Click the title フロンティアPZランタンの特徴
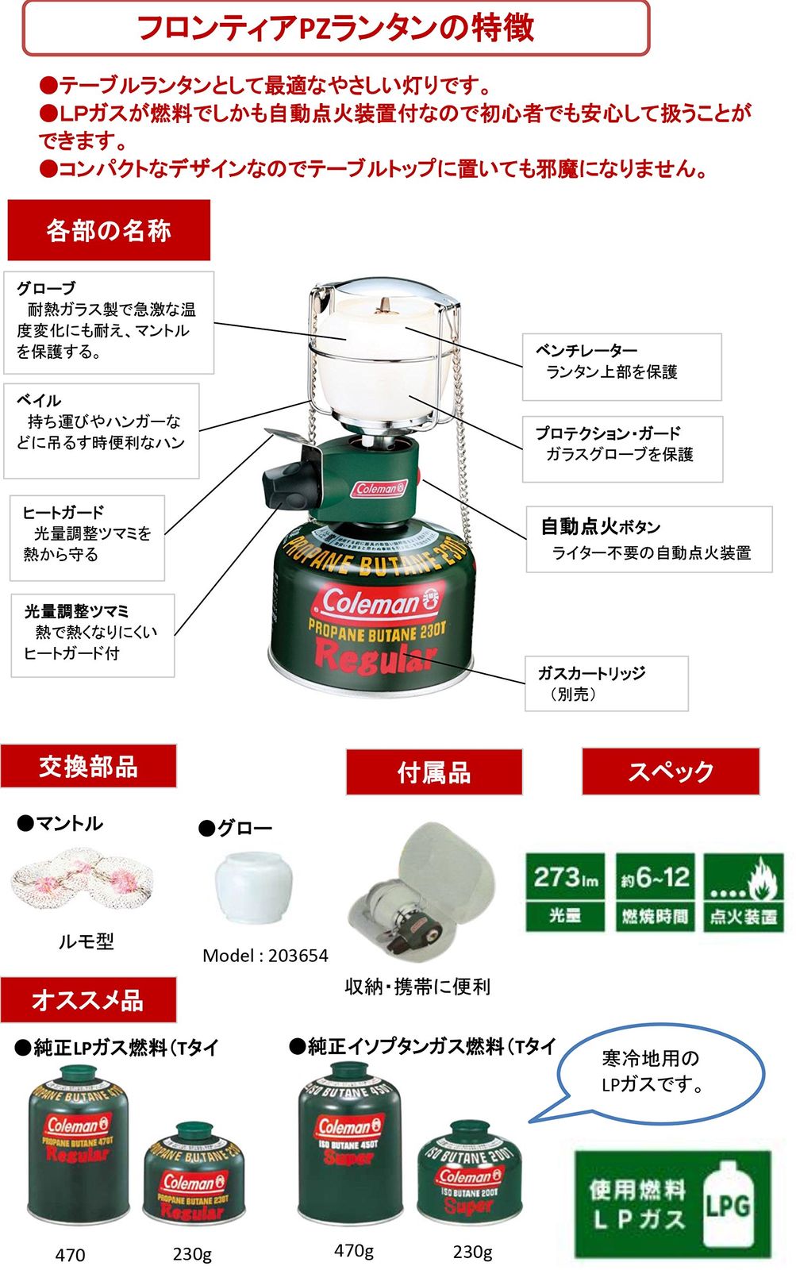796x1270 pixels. [336, 28]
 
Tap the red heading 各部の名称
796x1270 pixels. [109, 230]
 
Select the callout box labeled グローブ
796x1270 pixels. [109, 322]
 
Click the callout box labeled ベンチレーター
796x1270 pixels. [621, 366]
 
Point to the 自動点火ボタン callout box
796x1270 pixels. [648, 540]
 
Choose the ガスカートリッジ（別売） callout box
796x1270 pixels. [606, 683]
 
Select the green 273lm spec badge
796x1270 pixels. [565, 892]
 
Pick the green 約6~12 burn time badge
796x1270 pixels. [655, 892]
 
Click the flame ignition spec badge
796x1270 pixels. [744, 892]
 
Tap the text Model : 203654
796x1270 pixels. [265, 955]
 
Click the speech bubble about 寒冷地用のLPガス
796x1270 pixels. [659, 1072]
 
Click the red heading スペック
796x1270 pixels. [671, 771]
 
